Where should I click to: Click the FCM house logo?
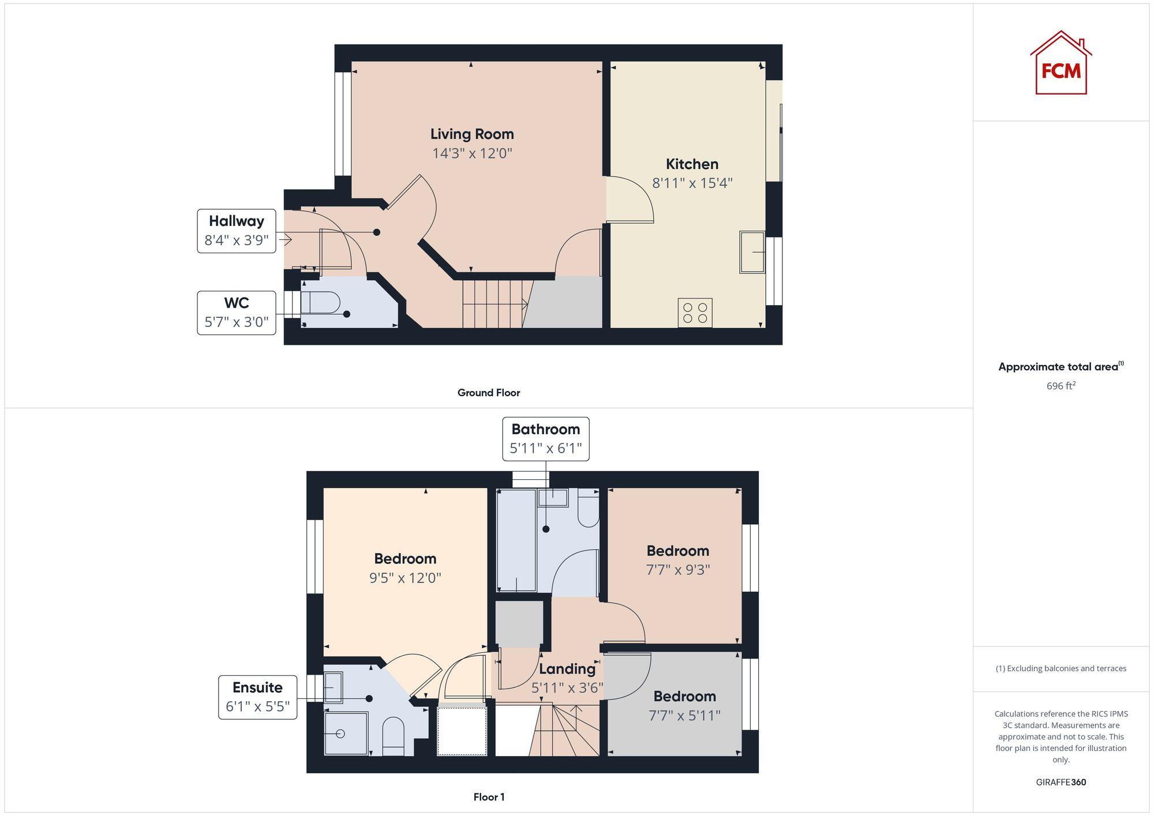1061,63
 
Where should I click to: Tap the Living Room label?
472,134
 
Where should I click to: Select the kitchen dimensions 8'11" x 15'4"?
692,183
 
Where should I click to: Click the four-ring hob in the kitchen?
695,313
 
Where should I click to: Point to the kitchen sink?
752,252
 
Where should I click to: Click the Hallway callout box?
237,231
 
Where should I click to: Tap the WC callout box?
237,313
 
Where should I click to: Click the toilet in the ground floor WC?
321,303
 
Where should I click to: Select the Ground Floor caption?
489,393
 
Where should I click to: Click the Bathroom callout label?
545,439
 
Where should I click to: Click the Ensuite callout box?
257,697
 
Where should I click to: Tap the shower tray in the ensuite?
346,734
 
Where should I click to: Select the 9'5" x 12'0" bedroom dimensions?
405,578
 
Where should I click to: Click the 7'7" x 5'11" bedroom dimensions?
684,716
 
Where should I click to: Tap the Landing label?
567,669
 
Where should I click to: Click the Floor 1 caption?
489,797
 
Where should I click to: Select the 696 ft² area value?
1061,386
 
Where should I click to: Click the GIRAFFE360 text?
1061,782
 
